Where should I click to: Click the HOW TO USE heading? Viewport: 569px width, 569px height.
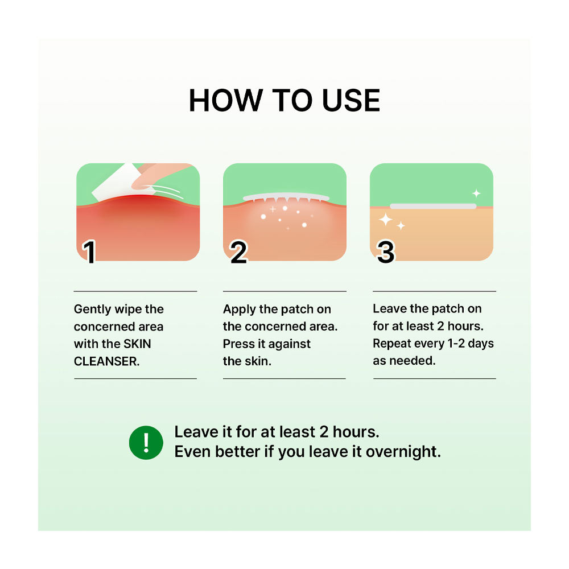284,101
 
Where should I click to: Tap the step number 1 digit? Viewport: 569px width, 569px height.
89,253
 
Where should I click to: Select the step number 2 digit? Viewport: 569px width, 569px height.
238,253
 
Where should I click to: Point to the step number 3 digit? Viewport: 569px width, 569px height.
386,253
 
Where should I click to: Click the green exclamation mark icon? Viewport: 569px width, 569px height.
146,442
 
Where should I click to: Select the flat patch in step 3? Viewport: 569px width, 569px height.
433,206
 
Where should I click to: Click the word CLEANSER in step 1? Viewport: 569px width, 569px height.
106,361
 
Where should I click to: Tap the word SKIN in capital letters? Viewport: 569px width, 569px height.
138,344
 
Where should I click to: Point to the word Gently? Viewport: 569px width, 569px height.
93,310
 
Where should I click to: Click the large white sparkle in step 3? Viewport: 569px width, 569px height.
386,220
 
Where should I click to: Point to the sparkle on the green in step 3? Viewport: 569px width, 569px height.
476,193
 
